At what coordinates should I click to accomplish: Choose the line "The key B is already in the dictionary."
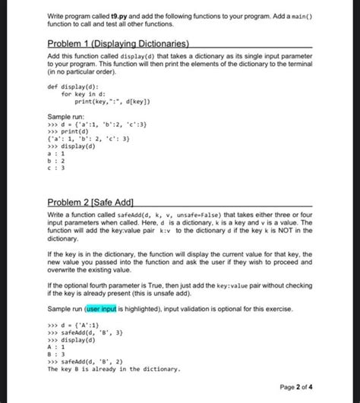coord(113,369)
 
